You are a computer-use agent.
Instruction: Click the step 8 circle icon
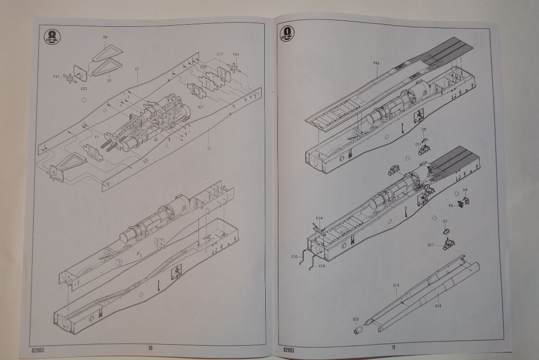pos(53,36)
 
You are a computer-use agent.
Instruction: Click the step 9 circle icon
pos(288,34)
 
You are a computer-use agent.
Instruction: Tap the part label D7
pos(109,81)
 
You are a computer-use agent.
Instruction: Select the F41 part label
pos(56,76)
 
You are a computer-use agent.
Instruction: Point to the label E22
pos(84,88)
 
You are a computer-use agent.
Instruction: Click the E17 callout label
pos(219,54)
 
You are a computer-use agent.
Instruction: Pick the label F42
pos(236,54)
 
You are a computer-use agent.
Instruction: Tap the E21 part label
pos(201,107)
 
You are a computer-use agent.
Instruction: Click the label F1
pos(97,137)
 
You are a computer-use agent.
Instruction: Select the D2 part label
pos(156,139)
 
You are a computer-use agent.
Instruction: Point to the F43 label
pos(376,63)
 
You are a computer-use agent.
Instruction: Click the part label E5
pos(424,129)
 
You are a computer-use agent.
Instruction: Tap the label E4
pos(465,189)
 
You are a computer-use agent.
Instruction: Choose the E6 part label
pos(451,205)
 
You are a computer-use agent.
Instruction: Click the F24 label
pos(319,218)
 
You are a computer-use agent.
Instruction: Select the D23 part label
pos(356,319)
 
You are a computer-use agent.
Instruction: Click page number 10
pos(150,347)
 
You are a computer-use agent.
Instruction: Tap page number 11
pos(393,346)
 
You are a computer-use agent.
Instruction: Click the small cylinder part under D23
pos(358,329)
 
